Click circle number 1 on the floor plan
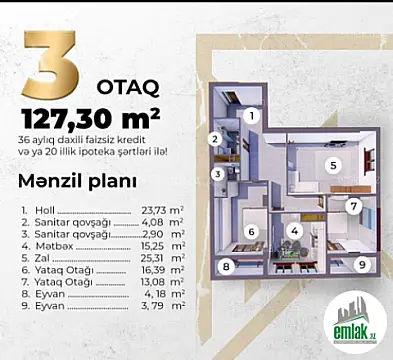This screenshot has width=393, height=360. click(252, 116)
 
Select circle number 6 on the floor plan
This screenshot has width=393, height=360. click(253, 232)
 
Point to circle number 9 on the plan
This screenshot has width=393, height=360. click(361, 265)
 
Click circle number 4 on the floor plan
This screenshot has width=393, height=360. click(294, 230)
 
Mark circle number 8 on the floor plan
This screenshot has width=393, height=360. click(227, 266)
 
